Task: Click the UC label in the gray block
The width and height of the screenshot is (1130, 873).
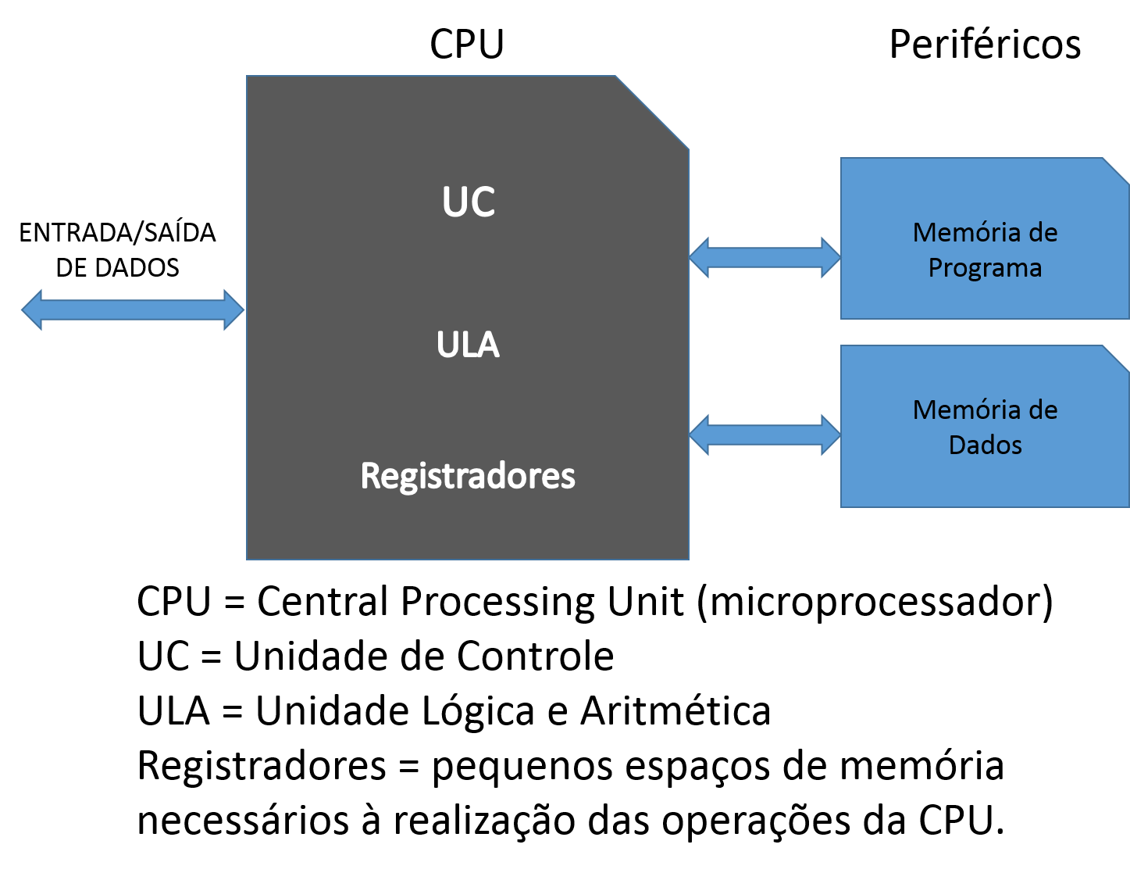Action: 469,202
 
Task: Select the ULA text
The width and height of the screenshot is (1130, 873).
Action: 468,345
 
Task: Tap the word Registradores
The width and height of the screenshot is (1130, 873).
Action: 468,475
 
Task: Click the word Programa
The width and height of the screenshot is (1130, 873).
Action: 985,268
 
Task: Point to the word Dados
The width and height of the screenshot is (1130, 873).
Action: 985,445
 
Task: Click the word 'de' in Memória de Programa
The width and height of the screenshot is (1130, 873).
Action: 1043,232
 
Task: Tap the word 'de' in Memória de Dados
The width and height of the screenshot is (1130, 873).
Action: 1043,410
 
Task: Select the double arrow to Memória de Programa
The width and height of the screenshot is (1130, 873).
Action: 765,257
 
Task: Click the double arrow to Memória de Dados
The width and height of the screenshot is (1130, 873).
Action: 765,435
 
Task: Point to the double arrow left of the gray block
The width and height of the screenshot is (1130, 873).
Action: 133,309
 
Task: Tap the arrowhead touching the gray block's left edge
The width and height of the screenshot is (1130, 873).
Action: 234,309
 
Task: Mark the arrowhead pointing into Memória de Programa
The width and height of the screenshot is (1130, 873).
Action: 831,257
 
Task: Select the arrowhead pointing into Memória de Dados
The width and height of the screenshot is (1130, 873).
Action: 831,435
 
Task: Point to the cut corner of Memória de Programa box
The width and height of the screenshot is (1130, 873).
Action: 1116,171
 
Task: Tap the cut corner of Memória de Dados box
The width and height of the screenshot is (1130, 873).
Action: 1116,359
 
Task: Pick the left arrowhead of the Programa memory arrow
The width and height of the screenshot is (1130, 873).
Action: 699,257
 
